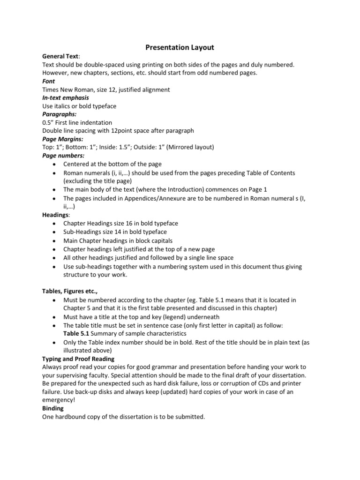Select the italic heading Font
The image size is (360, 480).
pos(48,81)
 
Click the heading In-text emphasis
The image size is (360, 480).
pos(66,98)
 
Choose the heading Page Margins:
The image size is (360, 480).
pos(63,139)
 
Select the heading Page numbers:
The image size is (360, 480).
pos(63,155)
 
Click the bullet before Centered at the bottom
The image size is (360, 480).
pos(54,165)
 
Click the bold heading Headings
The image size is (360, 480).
pos(55,215)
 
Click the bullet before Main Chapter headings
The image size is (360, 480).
pos(54,241)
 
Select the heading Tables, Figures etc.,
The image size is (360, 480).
pos(70,291)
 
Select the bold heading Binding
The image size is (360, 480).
pos(53,408)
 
